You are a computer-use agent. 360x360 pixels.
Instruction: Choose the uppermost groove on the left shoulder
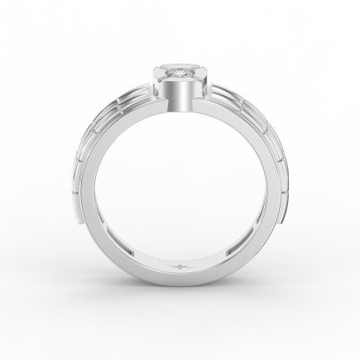pyautogui.click(x=132, y=93)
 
